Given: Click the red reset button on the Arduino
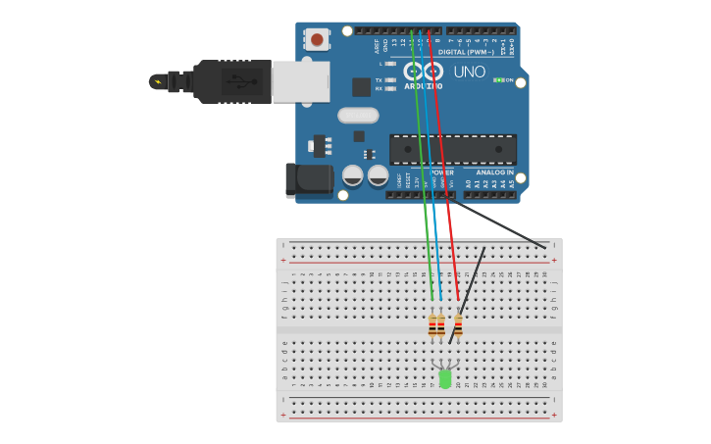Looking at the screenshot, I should [317, 39].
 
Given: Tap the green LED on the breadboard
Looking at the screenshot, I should [445, 378].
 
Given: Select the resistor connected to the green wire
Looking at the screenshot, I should [432, 325].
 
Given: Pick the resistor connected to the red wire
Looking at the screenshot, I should [457, 325].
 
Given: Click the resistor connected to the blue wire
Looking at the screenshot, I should [441, 325].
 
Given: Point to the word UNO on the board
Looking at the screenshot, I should [469, 72].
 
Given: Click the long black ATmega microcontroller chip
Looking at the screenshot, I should [453, 149].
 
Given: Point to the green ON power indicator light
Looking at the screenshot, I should [498, 79].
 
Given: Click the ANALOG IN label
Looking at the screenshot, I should [495, 173].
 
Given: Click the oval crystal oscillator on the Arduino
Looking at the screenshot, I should [358, 116].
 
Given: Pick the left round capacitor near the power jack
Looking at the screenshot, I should [353, 176].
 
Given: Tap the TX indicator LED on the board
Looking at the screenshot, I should [390, 79].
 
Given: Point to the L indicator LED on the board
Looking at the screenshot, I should [390, 64].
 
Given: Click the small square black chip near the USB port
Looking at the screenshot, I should [361, 86].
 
